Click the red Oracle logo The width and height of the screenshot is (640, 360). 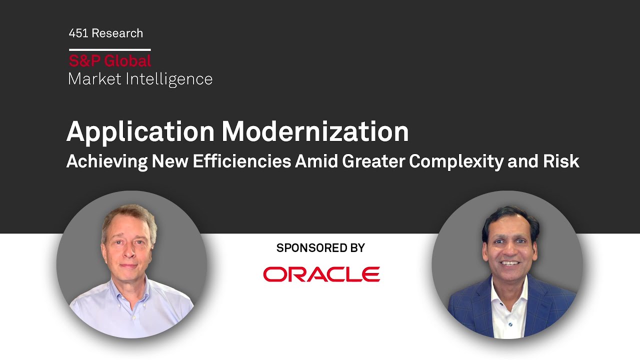tap(321, 274)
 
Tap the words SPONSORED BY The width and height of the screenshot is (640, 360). tap(320, 247)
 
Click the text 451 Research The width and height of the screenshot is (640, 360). tap(106, 33)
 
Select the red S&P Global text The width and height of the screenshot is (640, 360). tap(110, 61)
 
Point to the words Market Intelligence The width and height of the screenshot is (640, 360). tap(140, 79)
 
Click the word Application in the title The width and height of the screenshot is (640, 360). tap(140, 132)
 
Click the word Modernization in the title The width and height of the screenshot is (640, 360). tap(315, 132)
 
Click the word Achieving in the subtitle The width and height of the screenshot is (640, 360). tap(106, 161)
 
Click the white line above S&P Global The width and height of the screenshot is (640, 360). tap(110, 49)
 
